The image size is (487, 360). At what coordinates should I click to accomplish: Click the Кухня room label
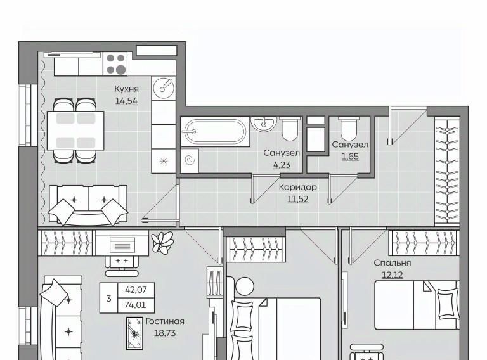(126, 89)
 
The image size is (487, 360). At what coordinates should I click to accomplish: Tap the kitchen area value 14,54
(126, 101)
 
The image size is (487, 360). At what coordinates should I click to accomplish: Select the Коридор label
(298, 187)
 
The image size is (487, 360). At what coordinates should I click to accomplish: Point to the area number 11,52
(298, 199)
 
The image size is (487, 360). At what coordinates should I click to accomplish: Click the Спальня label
(393, 263)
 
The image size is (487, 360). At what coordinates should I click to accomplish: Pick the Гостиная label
(165, 321)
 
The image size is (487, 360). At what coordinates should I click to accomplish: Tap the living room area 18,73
(165, 333)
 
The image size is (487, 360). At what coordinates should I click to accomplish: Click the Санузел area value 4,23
(282, 165)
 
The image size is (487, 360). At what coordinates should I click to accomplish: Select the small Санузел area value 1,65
(350, 157)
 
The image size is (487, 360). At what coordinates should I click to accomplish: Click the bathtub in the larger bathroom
(215, 132)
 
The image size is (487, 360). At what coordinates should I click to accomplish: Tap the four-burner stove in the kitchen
(115, 63)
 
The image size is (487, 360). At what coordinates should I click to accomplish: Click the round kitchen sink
(164, 87)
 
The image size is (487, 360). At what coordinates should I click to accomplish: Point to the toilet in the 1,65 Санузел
(349, 129)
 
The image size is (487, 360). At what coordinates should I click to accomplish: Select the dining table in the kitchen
(75, 131)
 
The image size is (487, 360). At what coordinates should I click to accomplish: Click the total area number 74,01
(135, 305)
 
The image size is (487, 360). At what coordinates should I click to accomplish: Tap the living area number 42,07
(136, 290)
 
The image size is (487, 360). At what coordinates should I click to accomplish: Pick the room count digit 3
(108, 299)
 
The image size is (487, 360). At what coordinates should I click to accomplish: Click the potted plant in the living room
(162, 242)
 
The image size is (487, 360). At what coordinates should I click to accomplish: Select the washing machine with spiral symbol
(190, 160)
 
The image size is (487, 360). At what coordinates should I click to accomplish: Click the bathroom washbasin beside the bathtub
(264, 124)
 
